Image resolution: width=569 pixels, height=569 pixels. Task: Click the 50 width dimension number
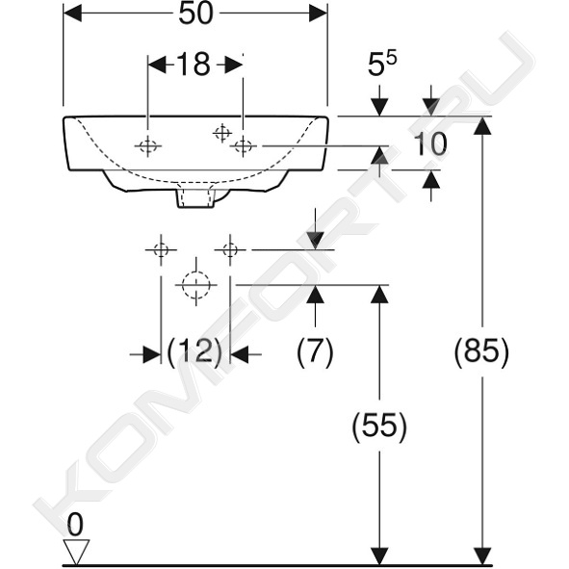coord(196,14)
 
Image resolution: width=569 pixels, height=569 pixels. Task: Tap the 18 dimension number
coord(194,65)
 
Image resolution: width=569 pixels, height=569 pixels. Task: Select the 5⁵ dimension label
coord(382,65)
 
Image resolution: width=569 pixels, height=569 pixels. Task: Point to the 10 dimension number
coord(430,143)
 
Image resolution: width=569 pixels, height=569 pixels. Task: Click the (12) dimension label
coord(194,351)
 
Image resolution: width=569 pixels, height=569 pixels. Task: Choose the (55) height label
coord(379,426)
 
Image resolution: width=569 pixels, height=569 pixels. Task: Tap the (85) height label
coord(482,351)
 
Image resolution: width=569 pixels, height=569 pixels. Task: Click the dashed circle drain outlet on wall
coord(196,285)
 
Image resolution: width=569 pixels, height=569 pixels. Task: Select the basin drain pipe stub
coord(194,197)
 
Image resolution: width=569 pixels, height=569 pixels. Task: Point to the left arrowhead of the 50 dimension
coord(72,13)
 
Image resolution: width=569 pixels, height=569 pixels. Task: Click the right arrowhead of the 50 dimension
coord(319,13)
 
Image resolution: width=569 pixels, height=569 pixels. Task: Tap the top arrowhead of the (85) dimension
coord(482,125)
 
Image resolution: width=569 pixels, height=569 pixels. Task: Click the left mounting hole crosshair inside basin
coord(147,146)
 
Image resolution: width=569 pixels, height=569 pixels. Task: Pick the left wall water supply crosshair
coord(161,249)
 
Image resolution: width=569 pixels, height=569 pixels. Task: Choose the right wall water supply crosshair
coord(230,249)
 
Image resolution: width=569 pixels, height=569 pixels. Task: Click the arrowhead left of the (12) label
coord(152,354)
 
